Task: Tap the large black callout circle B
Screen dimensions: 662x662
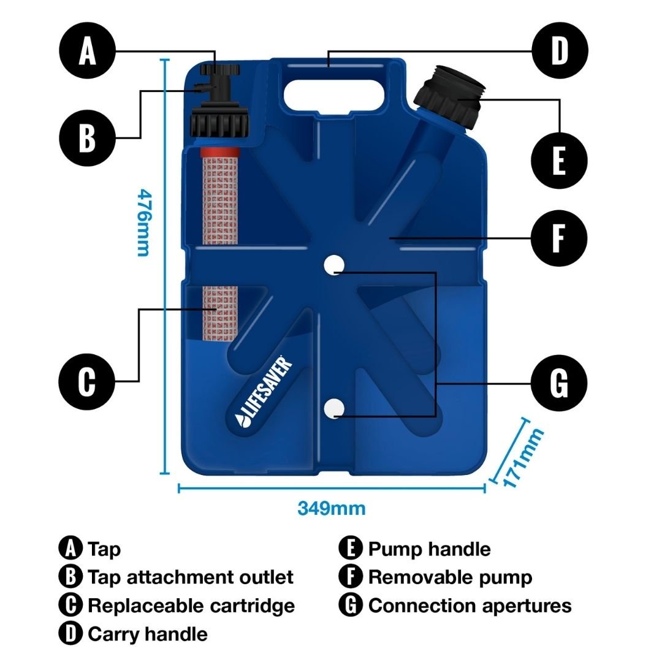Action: coord(88,138)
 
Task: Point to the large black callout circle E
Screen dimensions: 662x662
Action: coord(560,161)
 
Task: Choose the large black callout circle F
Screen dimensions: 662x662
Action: coord(560,238)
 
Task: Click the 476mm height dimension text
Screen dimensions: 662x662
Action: coord(143,222)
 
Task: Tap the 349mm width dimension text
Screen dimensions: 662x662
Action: coord(332,508)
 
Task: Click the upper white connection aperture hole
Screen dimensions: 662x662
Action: coord(334,264)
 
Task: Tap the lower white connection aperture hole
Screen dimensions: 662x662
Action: coord(334,408)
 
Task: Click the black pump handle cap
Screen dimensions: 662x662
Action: coord(449,100)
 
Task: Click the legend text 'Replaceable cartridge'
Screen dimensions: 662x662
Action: coord(191,606)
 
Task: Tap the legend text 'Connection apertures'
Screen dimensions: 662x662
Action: coord(470,606)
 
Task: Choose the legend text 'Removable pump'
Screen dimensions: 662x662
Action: coord(450,577)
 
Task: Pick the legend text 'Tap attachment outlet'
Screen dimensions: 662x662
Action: coord(191,577)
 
